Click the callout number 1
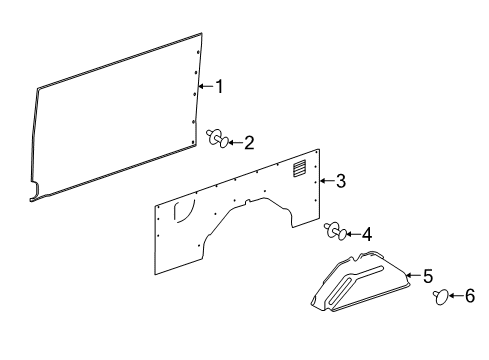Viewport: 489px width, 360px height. (x=218, y=87)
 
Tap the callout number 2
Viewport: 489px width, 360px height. (x=249, y=143)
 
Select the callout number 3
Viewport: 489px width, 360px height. (x=341, y=181)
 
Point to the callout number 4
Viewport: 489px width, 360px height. (x=367, y=235)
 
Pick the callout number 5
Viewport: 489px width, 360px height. (x=427, y=275)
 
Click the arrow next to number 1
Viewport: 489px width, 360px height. (x=205, y=87)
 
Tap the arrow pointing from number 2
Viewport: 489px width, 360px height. (x=234, y=143)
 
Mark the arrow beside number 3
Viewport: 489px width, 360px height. (x=327, y=182)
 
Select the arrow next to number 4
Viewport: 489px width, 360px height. (x=352, y=235)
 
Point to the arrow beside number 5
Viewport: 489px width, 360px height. (x=412, y=275)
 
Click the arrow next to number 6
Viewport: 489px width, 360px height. (x=456, y=296)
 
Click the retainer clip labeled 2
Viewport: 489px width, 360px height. (x=216, y=138)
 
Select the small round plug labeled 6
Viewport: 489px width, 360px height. (x=439, y=296)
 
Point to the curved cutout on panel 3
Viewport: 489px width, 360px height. (x=183, y=211)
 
